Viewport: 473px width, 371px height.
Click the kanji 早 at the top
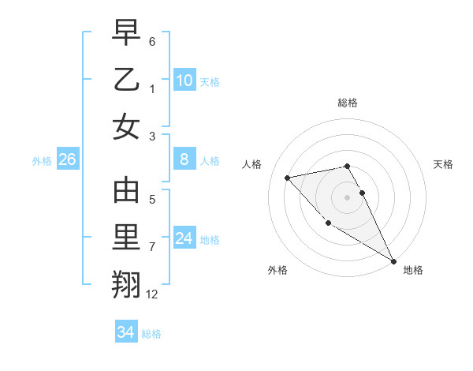[x=126, y=33]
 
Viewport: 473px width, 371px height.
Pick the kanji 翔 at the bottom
[x=126, y=283]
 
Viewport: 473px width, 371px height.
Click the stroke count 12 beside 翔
[x=152, y=294]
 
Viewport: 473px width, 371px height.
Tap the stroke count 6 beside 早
[x=152, y=41]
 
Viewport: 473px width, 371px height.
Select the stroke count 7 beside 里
[x=152, y=247]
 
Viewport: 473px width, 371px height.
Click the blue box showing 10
[x=184, y=81]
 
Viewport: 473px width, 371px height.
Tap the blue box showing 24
[x=184, y=239]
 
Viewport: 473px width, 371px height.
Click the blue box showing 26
[x=67, y=160]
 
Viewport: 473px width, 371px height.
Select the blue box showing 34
[x=125, y=332]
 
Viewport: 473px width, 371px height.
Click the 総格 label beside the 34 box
[x=151, y=334]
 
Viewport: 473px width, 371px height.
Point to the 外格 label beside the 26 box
[x=42, y=161]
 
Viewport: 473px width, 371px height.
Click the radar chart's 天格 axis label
[x=444, y=164]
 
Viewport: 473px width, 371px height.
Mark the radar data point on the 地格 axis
[x=393, y=261]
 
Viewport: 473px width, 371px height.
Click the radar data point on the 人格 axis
[x=288, y=178]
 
